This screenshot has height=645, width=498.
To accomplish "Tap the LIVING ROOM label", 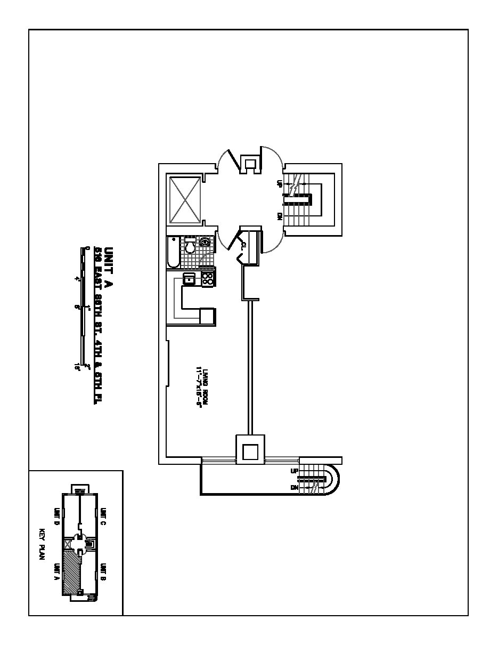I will (x=200, y=386).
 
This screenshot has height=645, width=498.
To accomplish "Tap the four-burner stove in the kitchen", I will (x=207, y=278).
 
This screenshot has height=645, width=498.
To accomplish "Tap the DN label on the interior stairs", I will (x=280, y=216).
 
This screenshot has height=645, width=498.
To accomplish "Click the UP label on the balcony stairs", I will (x=294, y=471).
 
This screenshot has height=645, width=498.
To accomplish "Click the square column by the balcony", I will (x=250, y=451).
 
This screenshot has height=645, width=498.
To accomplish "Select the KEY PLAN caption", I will (x=43, y=543).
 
